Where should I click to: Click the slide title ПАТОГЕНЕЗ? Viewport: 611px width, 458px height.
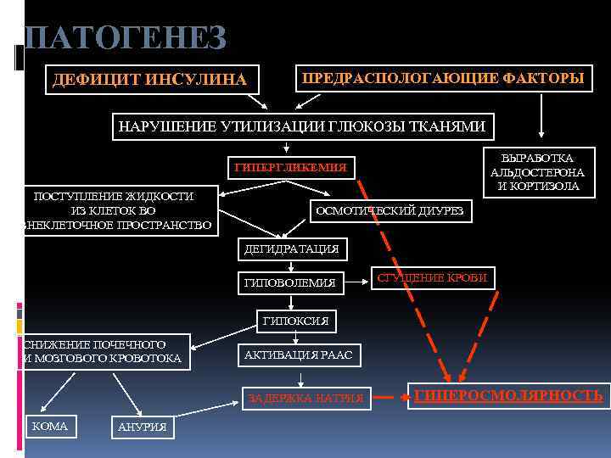126,38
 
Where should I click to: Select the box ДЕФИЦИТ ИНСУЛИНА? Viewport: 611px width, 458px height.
149,80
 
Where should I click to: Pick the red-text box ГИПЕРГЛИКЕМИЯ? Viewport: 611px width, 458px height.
290,167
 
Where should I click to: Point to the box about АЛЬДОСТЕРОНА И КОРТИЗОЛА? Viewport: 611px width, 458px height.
536,172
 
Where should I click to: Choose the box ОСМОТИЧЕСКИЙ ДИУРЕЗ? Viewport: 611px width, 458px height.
390,211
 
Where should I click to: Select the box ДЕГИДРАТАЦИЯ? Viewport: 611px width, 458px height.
290,249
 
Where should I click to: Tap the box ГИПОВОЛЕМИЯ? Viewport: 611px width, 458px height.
289,282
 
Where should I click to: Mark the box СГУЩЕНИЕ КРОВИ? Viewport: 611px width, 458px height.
433,276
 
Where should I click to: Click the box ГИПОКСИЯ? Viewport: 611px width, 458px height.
295,321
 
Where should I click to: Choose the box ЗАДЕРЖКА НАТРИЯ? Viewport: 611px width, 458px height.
305,397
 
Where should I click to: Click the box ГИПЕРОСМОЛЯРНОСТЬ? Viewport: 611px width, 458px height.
507,395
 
